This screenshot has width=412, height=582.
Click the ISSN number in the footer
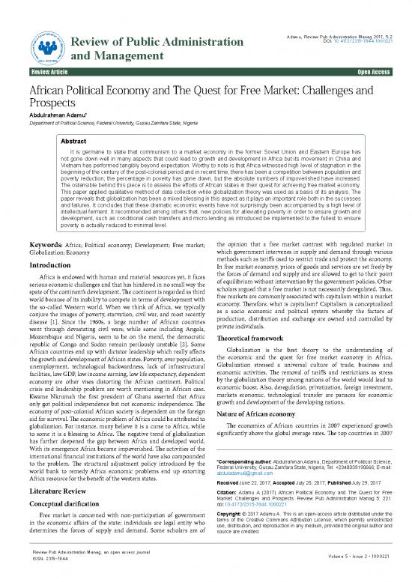[x=46, y=569]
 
